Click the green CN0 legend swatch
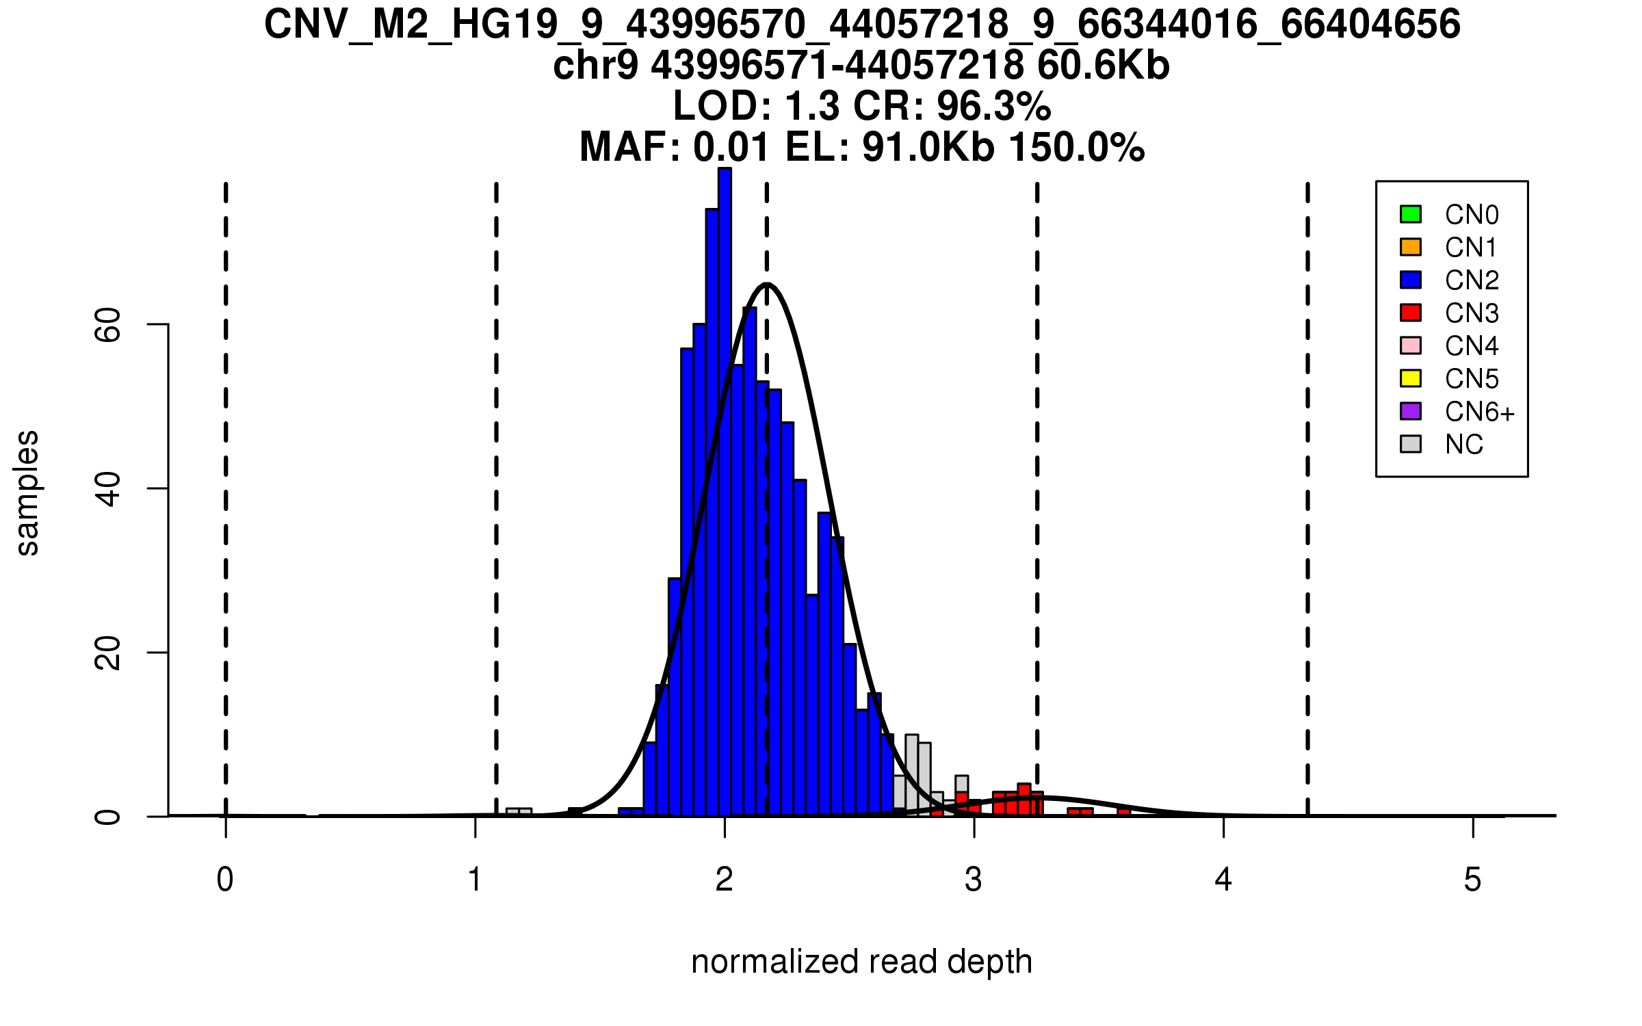(x=1410, y=214)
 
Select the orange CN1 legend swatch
(x=1410, y=247)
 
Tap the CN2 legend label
(x=1472, y=280)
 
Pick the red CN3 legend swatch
(x=1410, y=313)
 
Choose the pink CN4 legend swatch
(x=1410, y=345)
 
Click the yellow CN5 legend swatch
(x=1410, y=378)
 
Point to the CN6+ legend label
(x=1480, y=412)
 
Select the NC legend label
(x=1464, y=445)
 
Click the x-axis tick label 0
(x=225, y=880)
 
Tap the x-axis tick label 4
(x=1223, y=880)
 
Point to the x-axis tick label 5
(x=1472, y=880)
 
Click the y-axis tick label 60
(x=108, y=324)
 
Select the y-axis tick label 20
(x=108, y=653)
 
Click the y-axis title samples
(x=27, y=492)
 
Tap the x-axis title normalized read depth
(x=861, y=962)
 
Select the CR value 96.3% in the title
(x=993, y=106)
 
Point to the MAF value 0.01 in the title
(x=731, y=147)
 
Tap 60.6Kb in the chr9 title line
(x=1103, y=66)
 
